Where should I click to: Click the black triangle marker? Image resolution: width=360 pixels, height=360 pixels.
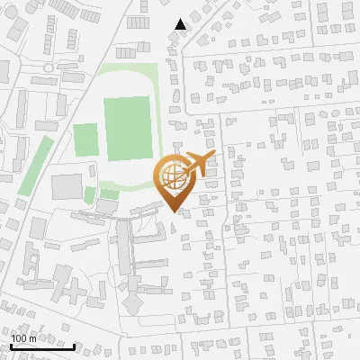click(x=181, y=24)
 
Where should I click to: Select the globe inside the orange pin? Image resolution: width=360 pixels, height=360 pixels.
click(x=171, y=176)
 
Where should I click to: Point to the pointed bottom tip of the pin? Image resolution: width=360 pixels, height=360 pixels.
click(x=172, y=212)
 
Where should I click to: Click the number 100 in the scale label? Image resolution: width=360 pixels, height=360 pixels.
click(x=19, y=338)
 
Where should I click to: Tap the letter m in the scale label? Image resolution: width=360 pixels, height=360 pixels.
click(x=33, y=338)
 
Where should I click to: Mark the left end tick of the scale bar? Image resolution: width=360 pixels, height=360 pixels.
click(x=12, y=345)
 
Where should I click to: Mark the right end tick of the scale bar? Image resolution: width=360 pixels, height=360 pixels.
click(x=74, y=345)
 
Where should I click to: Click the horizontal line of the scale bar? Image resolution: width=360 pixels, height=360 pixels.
click(x=43, y=346)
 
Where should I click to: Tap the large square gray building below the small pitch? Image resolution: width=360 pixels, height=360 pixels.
click(x=67, y=187)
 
